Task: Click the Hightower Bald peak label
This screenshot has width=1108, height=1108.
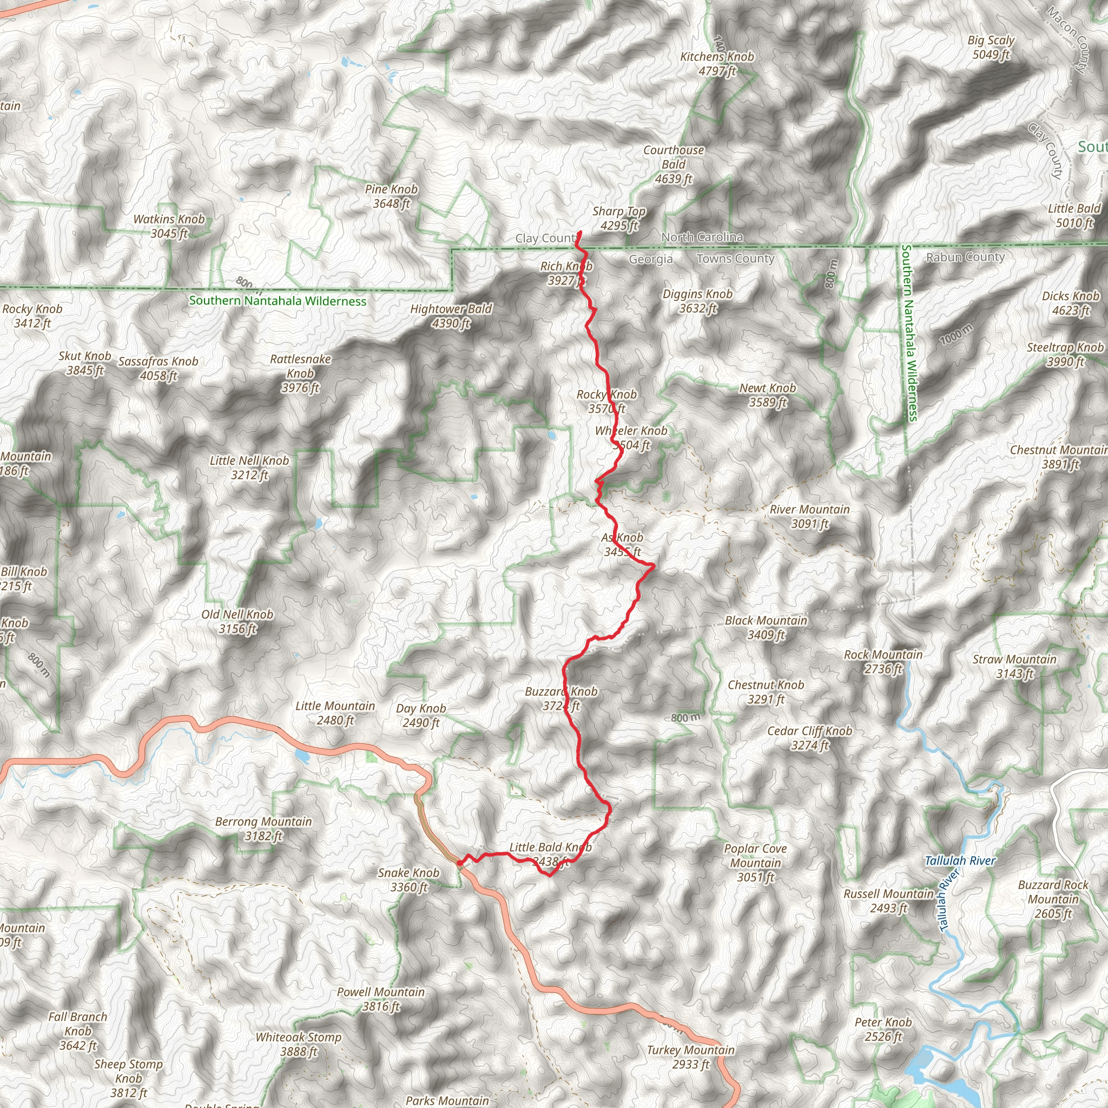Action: pos(451,316)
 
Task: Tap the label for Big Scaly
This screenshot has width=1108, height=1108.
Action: pos(991,48)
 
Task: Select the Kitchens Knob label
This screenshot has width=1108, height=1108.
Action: pos(717,64)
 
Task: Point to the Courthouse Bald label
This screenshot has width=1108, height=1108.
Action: pos(674,164)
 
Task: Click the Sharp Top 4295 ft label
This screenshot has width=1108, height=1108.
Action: pos(619,219)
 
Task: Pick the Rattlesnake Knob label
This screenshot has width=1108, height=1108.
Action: pos(300,373)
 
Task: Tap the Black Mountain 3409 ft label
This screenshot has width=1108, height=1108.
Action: pos(766,628)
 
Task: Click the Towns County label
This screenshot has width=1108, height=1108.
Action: pos(735,259)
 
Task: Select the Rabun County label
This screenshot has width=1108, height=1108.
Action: pos(965,257)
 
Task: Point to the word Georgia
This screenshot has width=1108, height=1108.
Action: pos(650,259)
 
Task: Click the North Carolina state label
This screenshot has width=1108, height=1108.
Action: pos(702,237)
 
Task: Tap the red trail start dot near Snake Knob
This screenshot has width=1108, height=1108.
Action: pos(459,863)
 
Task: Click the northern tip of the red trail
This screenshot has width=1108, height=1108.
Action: pos(581,232)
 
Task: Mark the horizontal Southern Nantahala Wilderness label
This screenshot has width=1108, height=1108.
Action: pos(278,301)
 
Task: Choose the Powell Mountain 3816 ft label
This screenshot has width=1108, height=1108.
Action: pos(381,999)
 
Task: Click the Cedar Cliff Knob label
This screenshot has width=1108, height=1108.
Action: pos(810,738)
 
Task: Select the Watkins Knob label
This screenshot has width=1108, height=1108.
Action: pos(169,226)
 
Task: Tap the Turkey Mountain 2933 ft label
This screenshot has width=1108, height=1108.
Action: pos(690,1057)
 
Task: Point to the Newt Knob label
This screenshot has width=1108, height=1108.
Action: pos(767,395)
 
